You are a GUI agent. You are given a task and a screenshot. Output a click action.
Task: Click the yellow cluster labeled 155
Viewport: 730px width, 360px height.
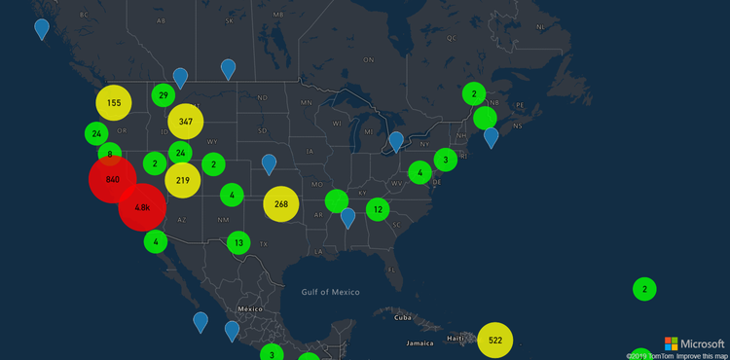tap(114, 103)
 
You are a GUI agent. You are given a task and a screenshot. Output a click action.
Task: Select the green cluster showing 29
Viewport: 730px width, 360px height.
tap(164, 95)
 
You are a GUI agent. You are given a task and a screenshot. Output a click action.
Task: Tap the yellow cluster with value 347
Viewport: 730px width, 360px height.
tap(185, 123)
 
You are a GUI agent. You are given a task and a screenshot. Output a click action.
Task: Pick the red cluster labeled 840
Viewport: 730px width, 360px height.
tap(112, 180)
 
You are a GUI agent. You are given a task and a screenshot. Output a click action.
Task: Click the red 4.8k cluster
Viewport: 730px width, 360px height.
tap(142, 207)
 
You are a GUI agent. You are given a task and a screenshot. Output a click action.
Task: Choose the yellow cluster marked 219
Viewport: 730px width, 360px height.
tap(183, 180)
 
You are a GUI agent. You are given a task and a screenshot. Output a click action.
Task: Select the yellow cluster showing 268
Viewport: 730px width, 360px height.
tap(281, 203)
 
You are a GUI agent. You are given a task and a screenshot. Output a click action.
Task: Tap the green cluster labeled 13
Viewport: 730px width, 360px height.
tap(238, 242)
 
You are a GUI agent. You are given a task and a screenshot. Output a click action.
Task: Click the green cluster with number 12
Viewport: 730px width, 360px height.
tap(378, 208)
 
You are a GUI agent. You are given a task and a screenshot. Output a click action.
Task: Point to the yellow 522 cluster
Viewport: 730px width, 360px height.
tap(495, 340)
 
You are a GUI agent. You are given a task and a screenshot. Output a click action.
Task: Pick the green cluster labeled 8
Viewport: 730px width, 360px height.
tap(110, 154)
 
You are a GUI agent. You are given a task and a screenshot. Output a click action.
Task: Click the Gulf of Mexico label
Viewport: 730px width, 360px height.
tap(330, 292)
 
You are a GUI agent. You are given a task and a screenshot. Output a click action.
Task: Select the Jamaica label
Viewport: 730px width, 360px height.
tap(420, 343)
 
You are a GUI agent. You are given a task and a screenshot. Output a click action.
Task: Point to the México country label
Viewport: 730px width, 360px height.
tap(252, 308)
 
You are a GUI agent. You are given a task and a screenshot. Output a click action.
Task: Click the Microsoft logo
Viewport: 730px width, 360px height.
tap(694, 343)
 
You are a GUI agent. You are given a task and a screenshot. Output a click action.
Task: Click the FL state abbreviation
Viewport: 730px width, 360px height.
tap(390, 270)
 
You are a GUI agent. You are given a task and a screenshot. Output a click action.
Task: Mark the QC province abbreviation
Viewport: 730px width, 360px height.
tap(451, 38)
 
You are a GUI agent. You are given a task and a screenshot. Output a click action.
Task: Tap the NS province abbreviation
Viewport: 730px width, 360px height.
tap(518, 126)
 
